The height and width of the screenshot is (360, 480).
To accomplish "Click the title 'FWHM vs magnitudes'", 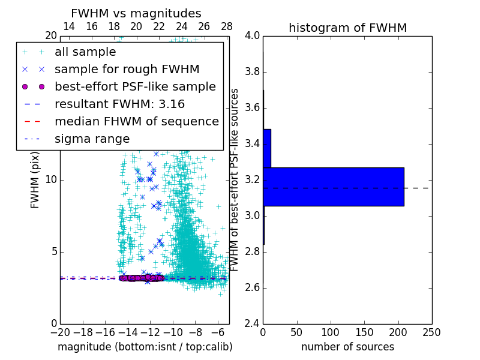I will click(x=136, y=13).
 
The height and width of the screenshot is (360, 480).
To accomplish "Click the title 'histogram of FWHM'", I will click(x=347, y=28).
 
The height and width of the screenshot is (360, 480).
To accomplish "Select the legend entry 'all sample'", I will click(x=85, y=52).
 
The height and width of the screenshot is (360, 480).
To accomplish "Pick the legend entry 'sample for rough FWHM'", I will click(x=127, y=69).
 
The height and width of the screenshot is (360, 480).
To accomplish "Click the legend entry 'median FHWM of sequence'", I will click(x=136, y=121).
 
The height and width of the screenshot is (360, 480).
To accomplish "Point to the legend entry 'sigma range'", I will click(x=92, y=139).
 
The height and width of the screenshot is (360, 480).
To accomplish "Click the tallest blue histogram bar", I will click(x=334, y=187).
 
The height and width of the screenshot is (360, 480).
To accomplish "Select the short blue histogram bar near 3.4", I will click(x=267, y=148).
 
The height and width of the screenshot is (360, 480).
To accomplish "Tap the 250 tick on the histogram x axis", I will click(x=431, y=332).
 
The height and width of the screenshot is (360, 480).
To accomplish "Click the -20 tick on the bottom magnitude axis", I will click(x=60, y=332).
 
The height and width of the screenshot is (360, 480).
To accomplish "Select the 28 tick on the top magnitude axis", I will click(x=227, y=27).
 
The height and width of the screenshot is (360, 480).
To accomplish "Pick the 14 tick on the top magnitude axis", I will click(x=69, y=27).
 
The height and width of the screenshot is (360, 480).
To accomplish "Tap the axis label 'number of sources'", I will click(x=347, y=347).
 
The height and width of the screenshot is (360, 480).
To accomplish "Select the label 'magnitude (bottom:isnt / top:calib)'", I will click(x=145, y=347).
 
